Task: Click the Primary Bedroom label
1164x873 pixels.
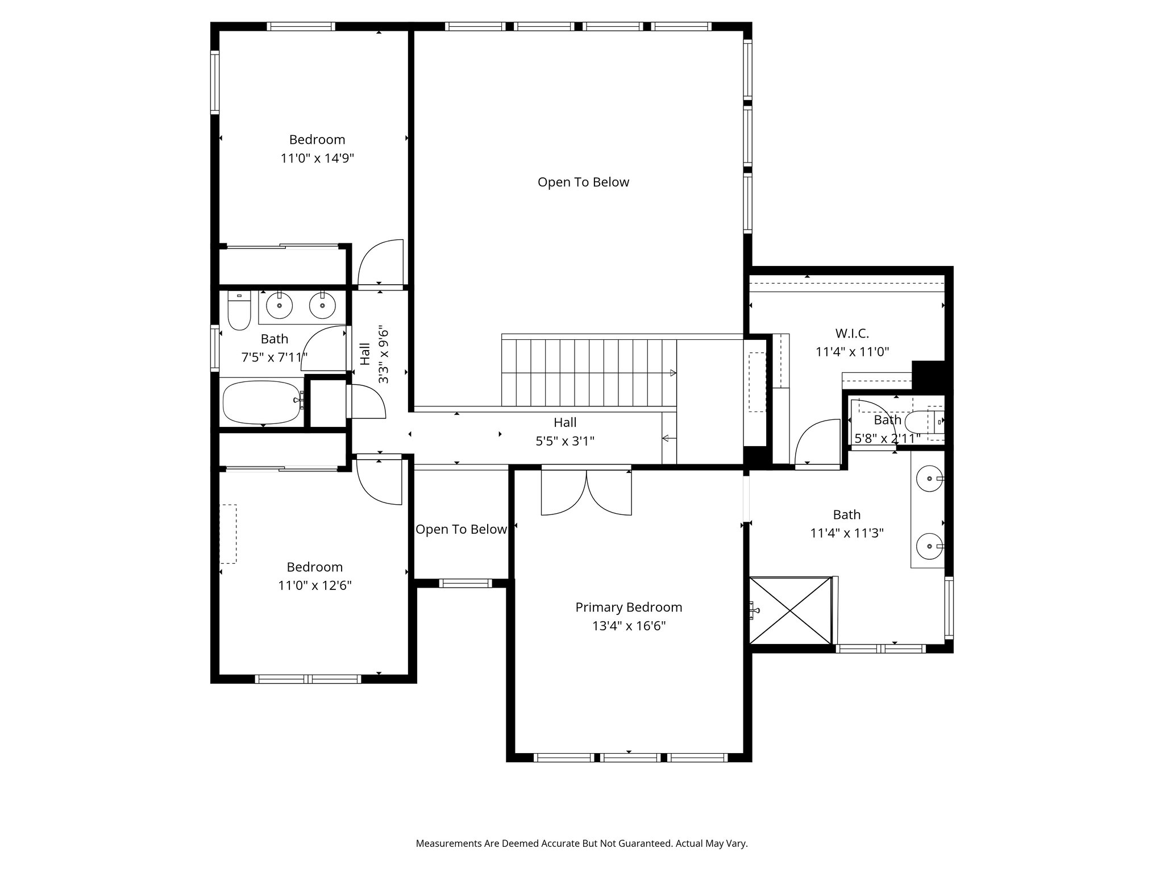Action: pyautogui.click(x=629, y=607)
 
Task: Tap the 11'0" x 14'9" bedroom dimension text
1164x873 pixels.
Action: pyautogui.click(x=317, y=158)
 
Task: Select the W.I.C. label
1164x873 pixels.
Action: pyautogui.click(x=852, y=334)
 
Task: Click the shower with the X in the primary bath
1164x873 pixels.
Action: pyautogui.click(x=791, y=610)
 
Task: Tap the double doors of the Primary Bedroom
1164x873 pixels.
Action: pyautogui.click(x=586, y=491)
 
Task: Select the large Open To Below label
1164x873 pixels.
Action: pyautogui.click(x=584, y=182)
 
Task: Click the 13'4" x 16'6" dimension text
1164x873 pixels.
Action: pyautogui.click(x=629, y=626)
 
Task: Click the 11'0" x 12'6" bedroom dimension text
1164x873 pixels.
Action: pyautogui.click(x=315, y=585)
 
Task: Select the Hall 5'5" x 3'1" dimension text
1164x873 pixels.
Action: pyautogui.click(x=565, y=441)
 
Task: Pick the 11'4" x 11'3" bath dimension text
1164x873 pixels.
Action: pyautogui.click(x=847, y=533)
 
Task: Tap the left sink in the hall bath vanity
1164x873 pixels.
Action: pyautogui.click(x=280, y=306)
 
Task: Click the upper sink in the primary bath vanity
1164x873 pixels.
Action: pyautogui.click(x=930, y=479)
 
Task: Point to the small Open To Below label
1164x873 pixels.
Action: pyautogui.click(x=461, y=529)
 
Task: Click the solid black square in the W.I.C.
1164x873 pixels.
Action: pyautogui.click(x=928, y=375)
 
